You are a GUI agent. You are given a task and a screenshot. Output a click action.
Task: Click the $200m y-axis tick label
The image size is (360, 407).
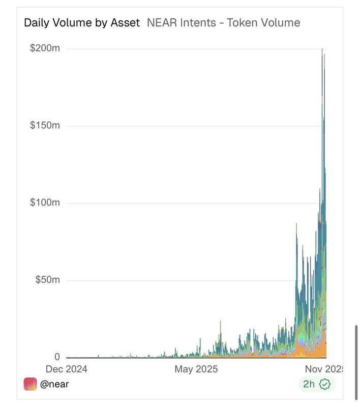[45, 48]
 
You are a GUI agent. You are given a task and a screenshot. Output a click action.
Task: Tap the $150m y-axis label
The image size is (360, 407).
[45, 126]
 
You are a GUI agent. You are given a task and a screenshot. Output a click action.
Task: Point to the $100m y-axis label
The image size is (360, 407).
[45, 203]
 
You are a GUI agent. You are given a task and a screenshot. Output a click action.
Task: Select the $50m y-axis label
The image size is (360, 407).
[47, 280]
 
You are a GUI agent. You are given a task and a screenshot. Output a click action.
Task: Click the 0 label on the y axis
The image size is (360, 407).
[57, 357]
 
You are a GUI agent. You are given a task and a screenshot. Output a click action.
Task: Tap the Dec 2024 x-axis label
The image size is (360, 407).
[67, 369]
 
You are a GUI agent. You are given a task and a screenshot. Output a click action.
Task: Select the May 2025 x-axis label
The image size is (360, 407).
[196, 369]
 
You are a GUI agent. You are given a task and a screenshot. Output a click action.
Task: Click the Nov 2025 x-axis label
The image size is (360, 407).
[322, 369]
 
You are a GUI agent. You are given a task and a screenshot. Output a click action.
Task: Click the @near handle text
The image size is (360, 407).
[54, 384]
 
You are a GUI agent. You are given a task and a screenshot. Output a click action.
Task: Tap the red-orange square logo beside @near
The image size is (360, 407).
[31, 384]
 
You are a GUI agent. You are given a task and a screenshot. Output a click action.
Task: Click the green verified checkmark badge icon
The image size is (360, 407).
[325, 384]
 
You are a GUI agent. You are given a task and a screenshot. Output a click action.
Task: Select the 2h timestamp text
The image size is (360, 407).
[309, 384]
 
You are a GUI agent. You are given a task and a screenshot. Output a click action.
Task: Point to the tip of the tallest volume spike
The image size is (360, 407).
[322, 49]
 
